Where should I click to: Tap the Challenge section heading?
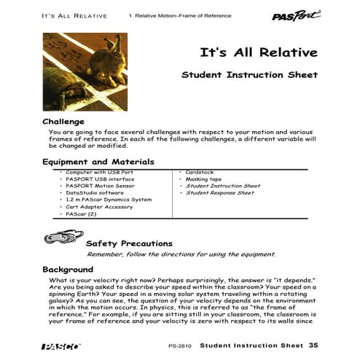click(64, 120)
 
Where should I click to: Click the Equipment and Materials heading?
click(98, 161)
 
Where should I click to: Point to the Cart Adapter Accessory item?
click(99, 207)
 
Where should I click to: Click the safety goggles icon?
click(59, 238)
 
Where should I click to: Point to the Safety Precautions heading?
click(129, 243)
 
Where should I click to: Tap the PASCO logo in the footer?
click(55, 346)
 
